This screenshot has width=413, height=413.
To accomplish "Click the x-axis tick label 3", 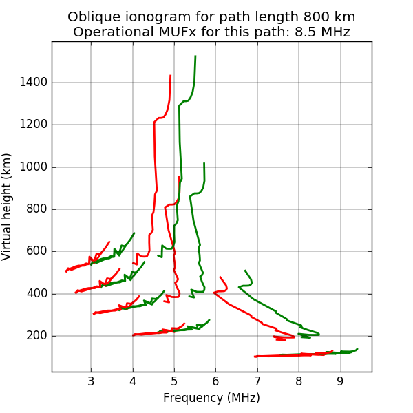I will [x=91, y=382].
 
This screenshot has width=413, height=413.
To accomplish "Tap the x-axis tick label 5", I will [x=174, y=382].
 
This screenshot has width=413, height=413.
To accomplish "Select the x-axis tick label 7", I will [x=257, y=382].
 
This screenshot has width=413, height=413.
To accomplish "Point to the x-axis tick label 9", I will [x=341, y=382].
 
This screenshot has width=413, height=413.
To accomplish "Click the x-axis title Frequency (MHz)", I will [x=211, y=398].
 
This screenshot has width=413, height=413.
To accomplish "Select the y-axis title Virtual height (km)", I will [x=8, y=206].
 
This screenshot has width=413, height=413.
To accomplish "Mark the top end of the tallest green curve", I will [x=195, y=56].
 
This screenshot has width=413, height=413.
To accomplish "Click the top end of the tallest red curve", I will [x=171, y=76].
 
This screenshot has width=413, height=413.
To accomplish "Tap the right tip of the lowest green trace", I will [x=357, y=349].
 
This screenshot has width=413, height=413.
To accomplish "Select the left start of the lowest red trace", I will [x=255, y=357].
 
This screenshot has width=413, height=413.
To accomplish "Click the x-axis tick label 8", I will [x=299, y=382].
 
